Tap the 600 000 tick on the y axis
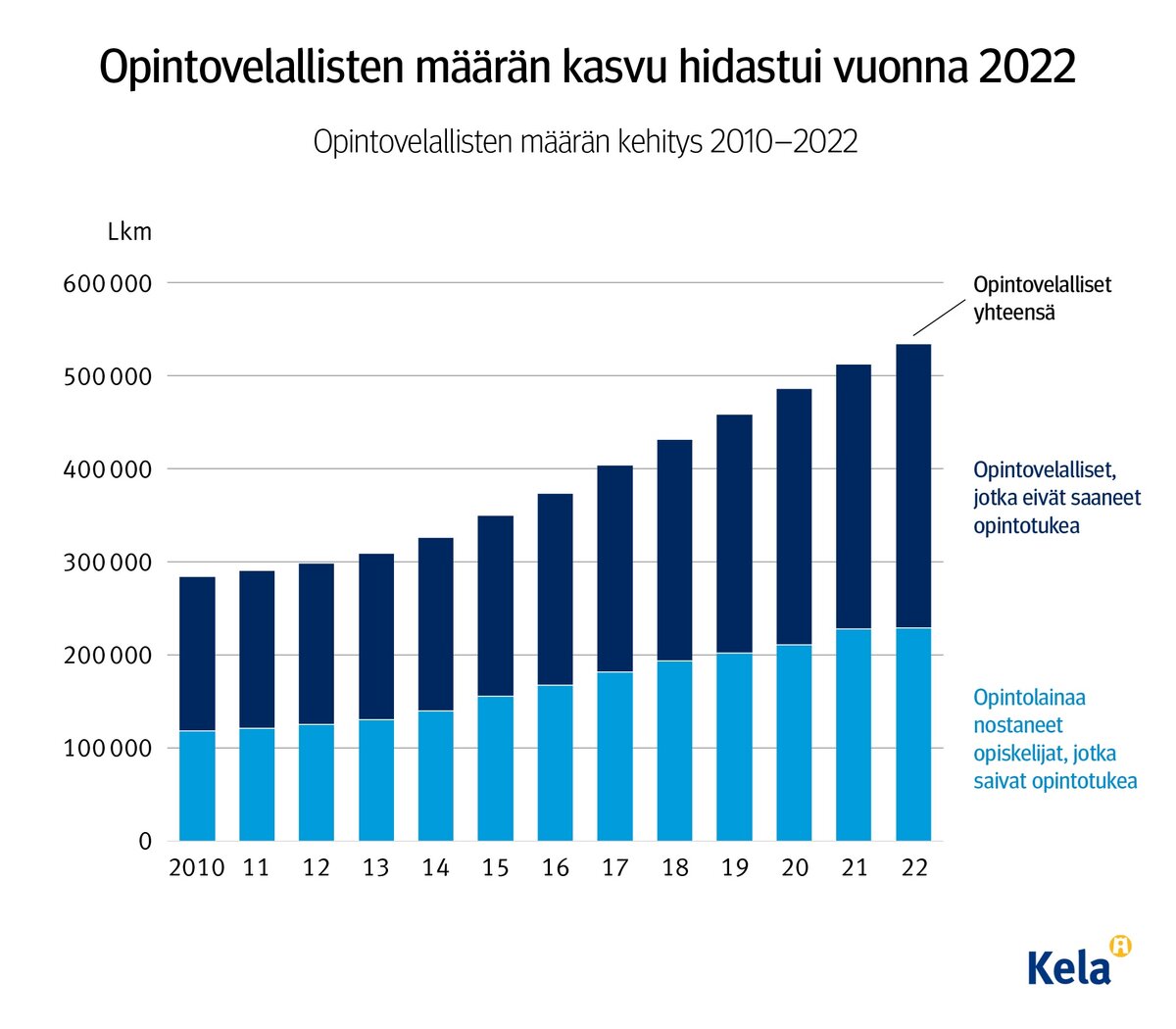pos(108,284)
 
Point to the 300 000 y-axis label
pos(108,563)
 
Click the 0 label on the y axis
pos(145,842)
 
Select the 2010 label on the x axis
pos(196,868)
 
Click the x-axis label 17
pos(614,868)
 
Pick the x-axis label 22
pos(913,868)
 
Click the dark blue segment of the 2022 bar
pos(913,485)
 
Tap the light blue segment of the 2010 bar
pos(197,786)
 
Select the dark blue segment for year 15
pos(495,606)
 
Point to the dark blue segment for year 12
pos(316,644)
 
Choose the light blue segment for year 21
pos(854,735)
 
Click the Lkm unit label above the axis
pos(129,232)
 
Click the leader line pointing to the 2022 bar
pos(939,318)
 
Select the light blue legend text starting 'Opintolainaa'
pos(1054,739)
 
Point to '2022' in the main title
pos(1026,67)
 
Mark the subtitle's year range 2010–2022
pos(783,142)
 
